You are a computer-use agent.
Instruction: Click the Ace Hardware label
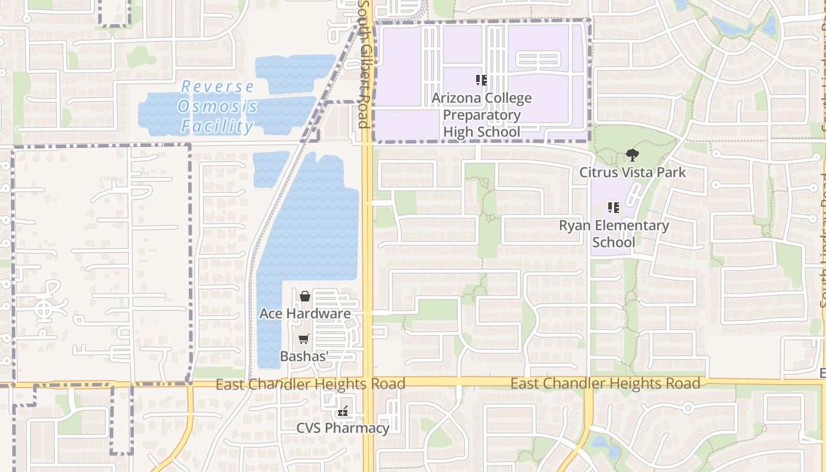(x=305, y=314)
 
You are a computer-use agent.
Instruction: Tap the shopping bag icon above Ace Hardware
(x=305, y=296)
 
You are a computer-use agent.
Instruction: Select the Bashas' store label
(x=304, y=356)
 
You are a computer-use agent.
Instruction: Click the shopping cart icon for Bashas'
(x=304, y=339)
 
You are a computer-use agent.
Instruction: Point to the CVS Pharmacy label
(x=343, y=428)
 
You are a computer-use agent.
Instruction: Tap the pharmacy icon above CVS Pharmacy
(x=343, y=412)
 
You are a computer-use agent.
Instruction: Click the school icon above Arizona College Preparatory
(x=481, y=80)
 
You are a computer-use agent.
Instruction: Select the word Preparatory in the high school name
(x=481, y=115)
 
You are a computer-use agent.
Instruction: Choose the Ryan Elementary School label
(x=614, y=234)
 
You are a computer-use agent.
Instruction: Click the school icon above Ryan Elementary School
(x=614, y=208)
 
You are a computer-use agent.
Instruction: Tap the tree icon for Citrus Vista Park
(x=632, y=156)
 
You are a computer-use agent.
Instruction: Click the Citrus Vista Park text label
(x=632, y=172)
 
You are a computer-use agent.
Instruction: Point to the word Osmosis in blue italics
(x=218, y=107)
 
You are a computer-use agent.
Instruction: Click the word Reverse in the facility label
(x=217, y=87)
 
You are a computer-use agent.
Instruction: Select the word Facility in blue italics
(x=217, y=126)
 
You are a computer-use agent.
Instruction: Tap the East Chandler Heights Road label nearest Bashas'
(x=310, y=385)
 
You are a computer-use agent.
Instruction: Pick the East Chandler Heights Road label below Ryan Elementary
(x=605, y=383)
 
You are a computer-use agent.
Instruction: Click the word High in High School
(x=458, y=132)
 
